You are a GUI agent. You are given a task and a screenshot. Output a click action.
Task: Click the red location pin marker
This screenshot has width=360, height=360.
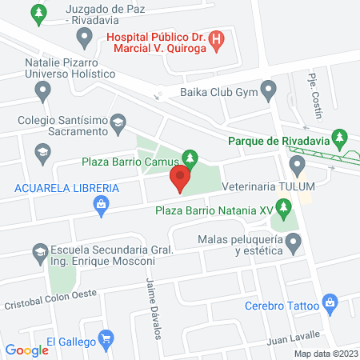[182, 178]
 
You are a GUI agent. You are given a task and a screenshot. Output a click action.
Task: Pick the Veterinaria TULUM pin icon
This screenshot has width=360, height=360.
[298, 165]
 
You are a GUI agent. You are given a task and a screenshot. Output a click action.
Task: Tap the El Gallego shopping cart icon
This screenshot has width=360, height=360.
[104, 340]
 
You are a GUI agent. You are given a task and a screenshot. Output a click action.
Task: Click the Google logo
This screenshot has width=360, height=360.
[27, 350]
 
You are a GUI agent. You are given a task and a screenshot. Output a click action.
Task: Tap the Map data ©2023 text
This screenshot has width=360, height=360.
[325, 354]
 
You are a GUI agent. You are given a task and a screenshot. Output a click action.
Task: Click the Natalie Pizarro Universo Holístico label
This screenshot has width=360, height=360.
[59, 66]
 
